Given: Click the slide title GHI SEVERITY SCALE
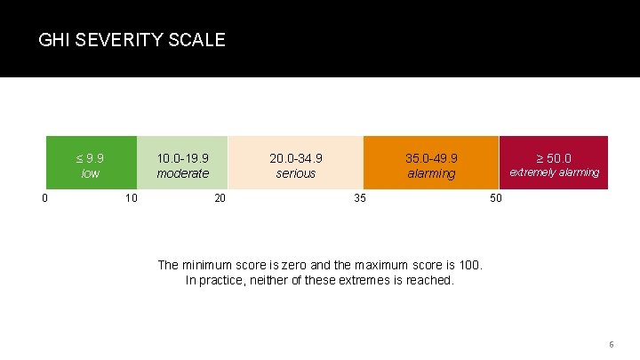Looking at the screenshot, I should pos(132,40).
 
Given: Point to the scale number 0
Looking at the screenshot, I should pos(44,197).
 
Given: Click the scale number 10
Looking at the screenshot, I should pos(131,197).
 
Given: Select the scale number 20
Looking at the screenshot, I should pos(220,197).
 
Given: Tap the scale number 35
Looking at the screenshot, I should pos(359,197).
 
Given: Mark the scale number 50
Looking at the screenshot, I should pos(496,197).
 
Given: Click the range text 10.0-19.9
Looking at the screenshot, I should pos(182,158).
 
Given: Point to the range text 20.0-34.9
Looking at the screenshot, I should pos(296,158).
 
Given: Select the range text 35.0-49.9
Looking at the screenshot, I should pos(431,158).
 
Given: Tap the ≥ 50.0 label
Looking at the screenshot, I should pos(553,158).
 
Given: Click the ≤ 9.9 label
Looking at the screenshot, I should pos(90,158).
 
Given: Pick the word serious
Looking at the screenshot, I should pos(296,173).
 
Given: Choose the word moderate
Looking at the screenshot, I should pos(182,173).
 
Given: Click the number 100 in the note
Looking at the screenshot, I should pos(468,265).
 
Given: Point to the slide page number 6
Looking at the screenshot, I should pos(611,344).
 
